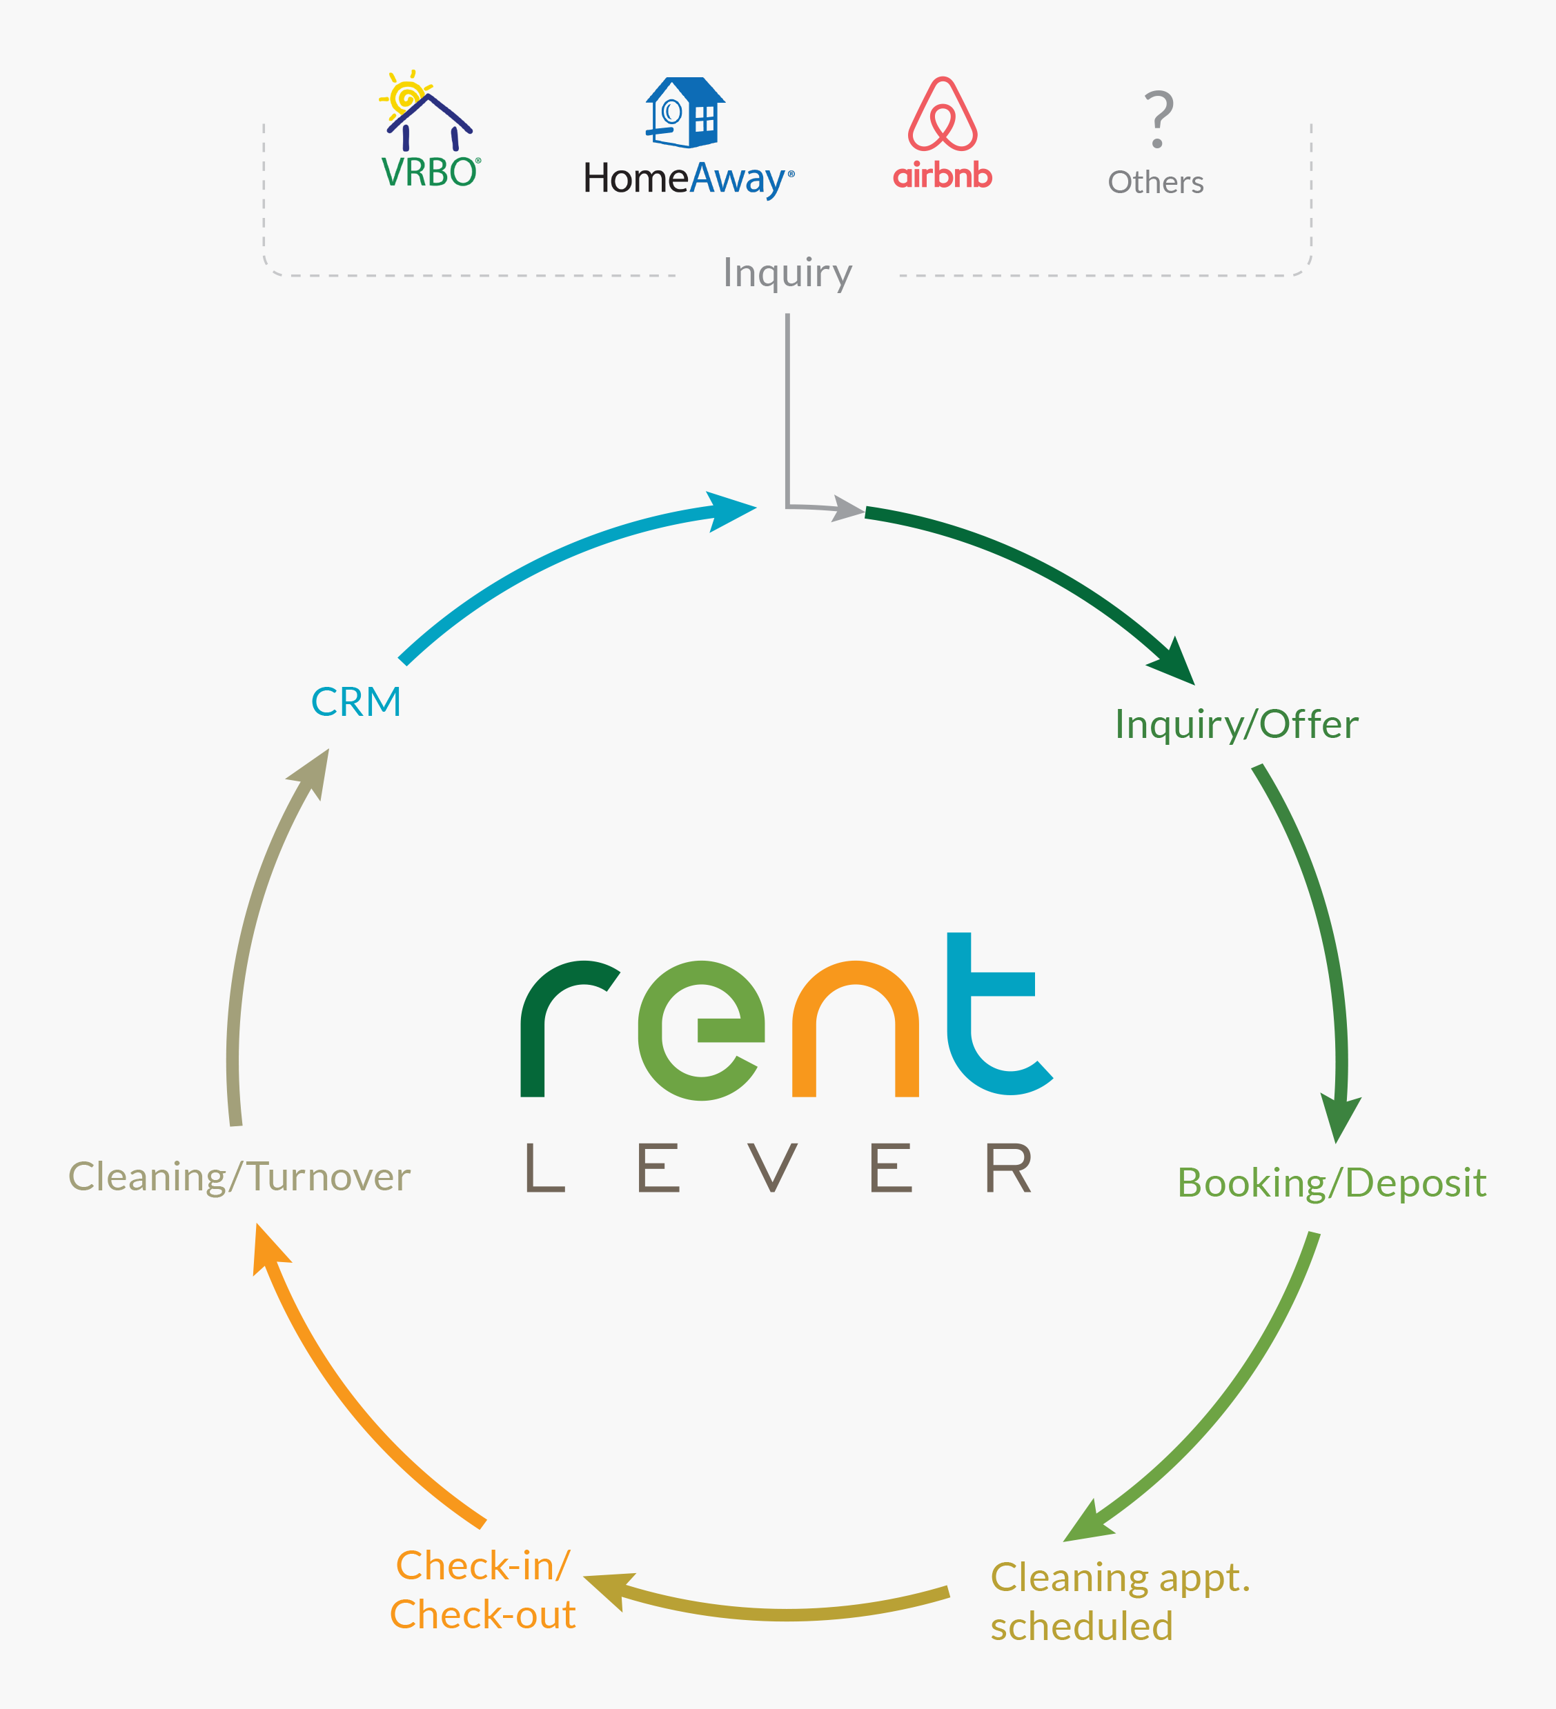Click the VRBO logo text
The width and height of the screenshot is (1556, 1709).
(431, 173)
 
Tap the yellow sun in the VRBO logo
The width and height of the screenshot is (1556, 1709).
(407, 96)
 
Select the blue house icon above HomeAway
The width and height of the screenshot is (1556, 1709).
(685, 112)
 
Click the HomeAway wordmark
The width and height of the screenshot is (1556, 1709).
(689, 179)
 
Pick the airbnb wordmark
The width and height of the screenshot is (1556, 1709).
(942, 175)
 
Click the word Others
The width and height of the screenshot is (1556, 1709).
(1156, 182)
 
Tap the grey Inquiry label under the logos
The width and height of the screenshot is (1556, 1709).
(787, 273)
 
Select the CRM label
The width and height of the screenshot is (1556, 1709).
(356, 702)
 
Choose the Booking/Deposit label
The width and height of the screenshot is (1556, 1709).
(1331, 1183)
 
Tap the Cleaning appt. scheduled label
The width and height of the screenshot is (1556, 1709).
(1119, 1602)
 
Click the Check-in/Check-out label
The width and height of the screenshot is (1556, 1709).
(482, 1590)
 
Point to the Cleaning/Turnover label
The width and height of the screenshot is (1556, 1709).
(239, 1177)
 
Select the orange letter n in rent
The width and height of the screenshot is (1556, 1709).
(856, 1030)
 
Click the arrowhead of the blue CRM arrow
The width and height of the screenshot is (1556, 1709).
(731, 511)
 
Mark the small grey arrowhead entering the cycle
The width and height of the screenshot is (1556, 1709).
(848, 509)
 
